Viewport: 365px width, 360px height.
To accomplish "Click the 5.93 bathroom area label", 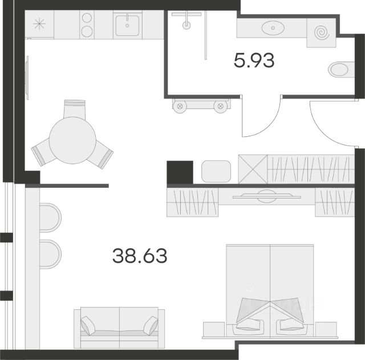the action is (x=254, y=60).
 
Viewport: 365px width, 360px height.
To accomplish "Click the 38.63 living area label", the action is (x=140, y=256).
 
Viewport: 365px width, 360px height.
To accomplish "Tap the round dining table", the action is (x=72, y=140).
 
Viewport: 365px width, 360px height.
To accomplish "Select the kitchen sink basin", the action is (x=127, y=26).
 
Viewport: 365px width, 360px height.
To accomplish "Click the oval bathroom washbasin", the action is (x=273, y=28).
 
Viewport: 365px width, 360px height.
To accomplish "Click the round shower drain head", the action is (x=186, y=25).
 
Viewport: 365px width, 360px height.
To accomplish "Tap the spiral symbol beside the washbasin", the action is (x=322, y=33).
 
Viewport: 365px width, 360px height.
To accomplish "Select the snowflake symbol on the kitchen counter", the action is (x=39, y=24).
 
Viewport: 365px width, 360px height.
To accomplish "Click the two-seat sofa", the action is (x=119, y=328).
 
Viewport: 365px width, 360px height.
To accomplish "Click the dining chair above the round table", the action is (x=75, y=109).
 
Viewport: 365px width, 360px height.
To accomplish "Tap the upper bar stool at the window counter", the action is (x=50, y=218).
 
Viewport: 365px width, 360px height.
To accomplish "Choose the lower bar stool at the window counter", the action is (x=50, y=254).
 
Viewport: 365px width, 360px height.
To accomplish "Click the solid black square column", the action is (x=180, y=172).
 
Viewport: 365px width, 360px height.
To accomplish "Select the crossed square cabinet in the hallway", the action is (x=253, y=169).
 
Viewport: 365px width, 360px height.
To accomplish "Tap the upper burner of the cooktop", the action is (x=87, y=18).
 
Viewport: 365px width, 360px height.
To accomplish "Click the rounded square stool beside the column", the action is (x=216, y=171).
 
